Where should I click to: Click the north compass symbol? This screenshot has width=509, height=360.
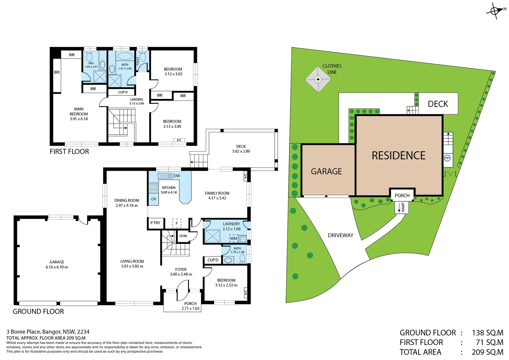click(x=495, y=11)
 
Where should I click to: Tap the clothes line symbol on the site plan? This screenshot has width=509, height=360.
click(x=318, y=79)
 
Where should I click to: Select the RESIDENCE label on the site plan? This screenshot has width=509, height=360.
click(x=398, y=156)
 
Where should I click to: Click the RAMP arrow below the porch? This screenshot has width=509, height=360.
click(x=399, y=207)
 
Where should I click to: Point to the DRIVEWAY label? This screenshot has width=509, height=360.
click(x=340, y=235)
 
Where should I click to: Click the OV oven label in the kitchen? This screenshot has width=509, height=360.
click(x=153, y=199)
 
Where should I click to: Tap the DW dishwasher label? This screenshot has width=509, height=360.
click(x=177, y=176)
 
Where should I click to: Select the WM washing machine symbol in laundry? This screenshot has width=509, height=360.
click(x=234, y=238)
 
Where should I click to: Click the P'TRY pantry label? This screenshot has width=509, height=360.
click(x=155, y=223)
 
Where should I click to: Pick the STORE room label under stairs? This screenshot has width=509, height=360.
click(x=183, y=236)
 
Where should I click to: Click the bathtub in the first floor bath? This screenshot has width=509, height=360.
click(x=125, y=56)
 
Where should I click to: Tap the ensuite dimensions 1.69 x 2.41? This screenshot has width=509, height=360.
click(x=91, y=67)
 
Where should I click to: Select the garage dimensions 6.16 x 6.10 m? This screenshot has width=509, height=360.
click(x=57, y=267)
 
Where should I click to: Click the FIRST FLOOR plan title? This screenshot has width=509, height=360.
click(x=69, y=152)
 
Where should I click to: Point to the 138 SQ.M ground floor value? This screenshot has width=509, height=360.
click(x=487, y=333)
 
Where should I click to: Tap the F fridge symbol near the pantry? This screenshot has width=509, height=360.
click(x=177, y=223)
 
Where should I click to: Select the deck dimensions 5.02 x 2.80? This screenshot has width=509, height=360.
click(x=241, y=151)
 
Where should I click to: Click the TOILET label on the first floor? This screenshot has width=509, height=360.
click(x=138, y=61)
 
